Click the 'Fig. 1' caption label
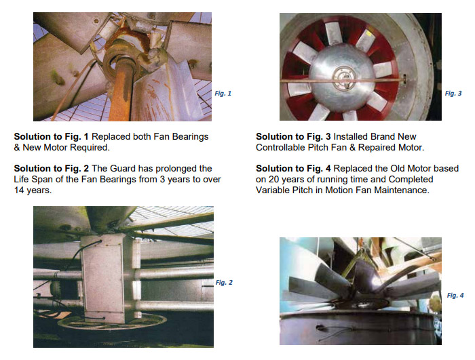(223, 94)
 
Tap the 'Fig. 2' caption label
(224, 283)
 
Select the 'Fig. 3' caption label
(453, 94)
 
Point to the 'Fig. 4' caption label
(455, 295)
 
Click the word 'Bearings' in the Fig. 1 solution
(190, 137)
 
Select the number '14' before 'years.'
(19, 191)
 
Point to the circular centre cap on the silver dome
(344, 78)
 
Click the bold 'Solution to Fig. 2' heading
(51, 168)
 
